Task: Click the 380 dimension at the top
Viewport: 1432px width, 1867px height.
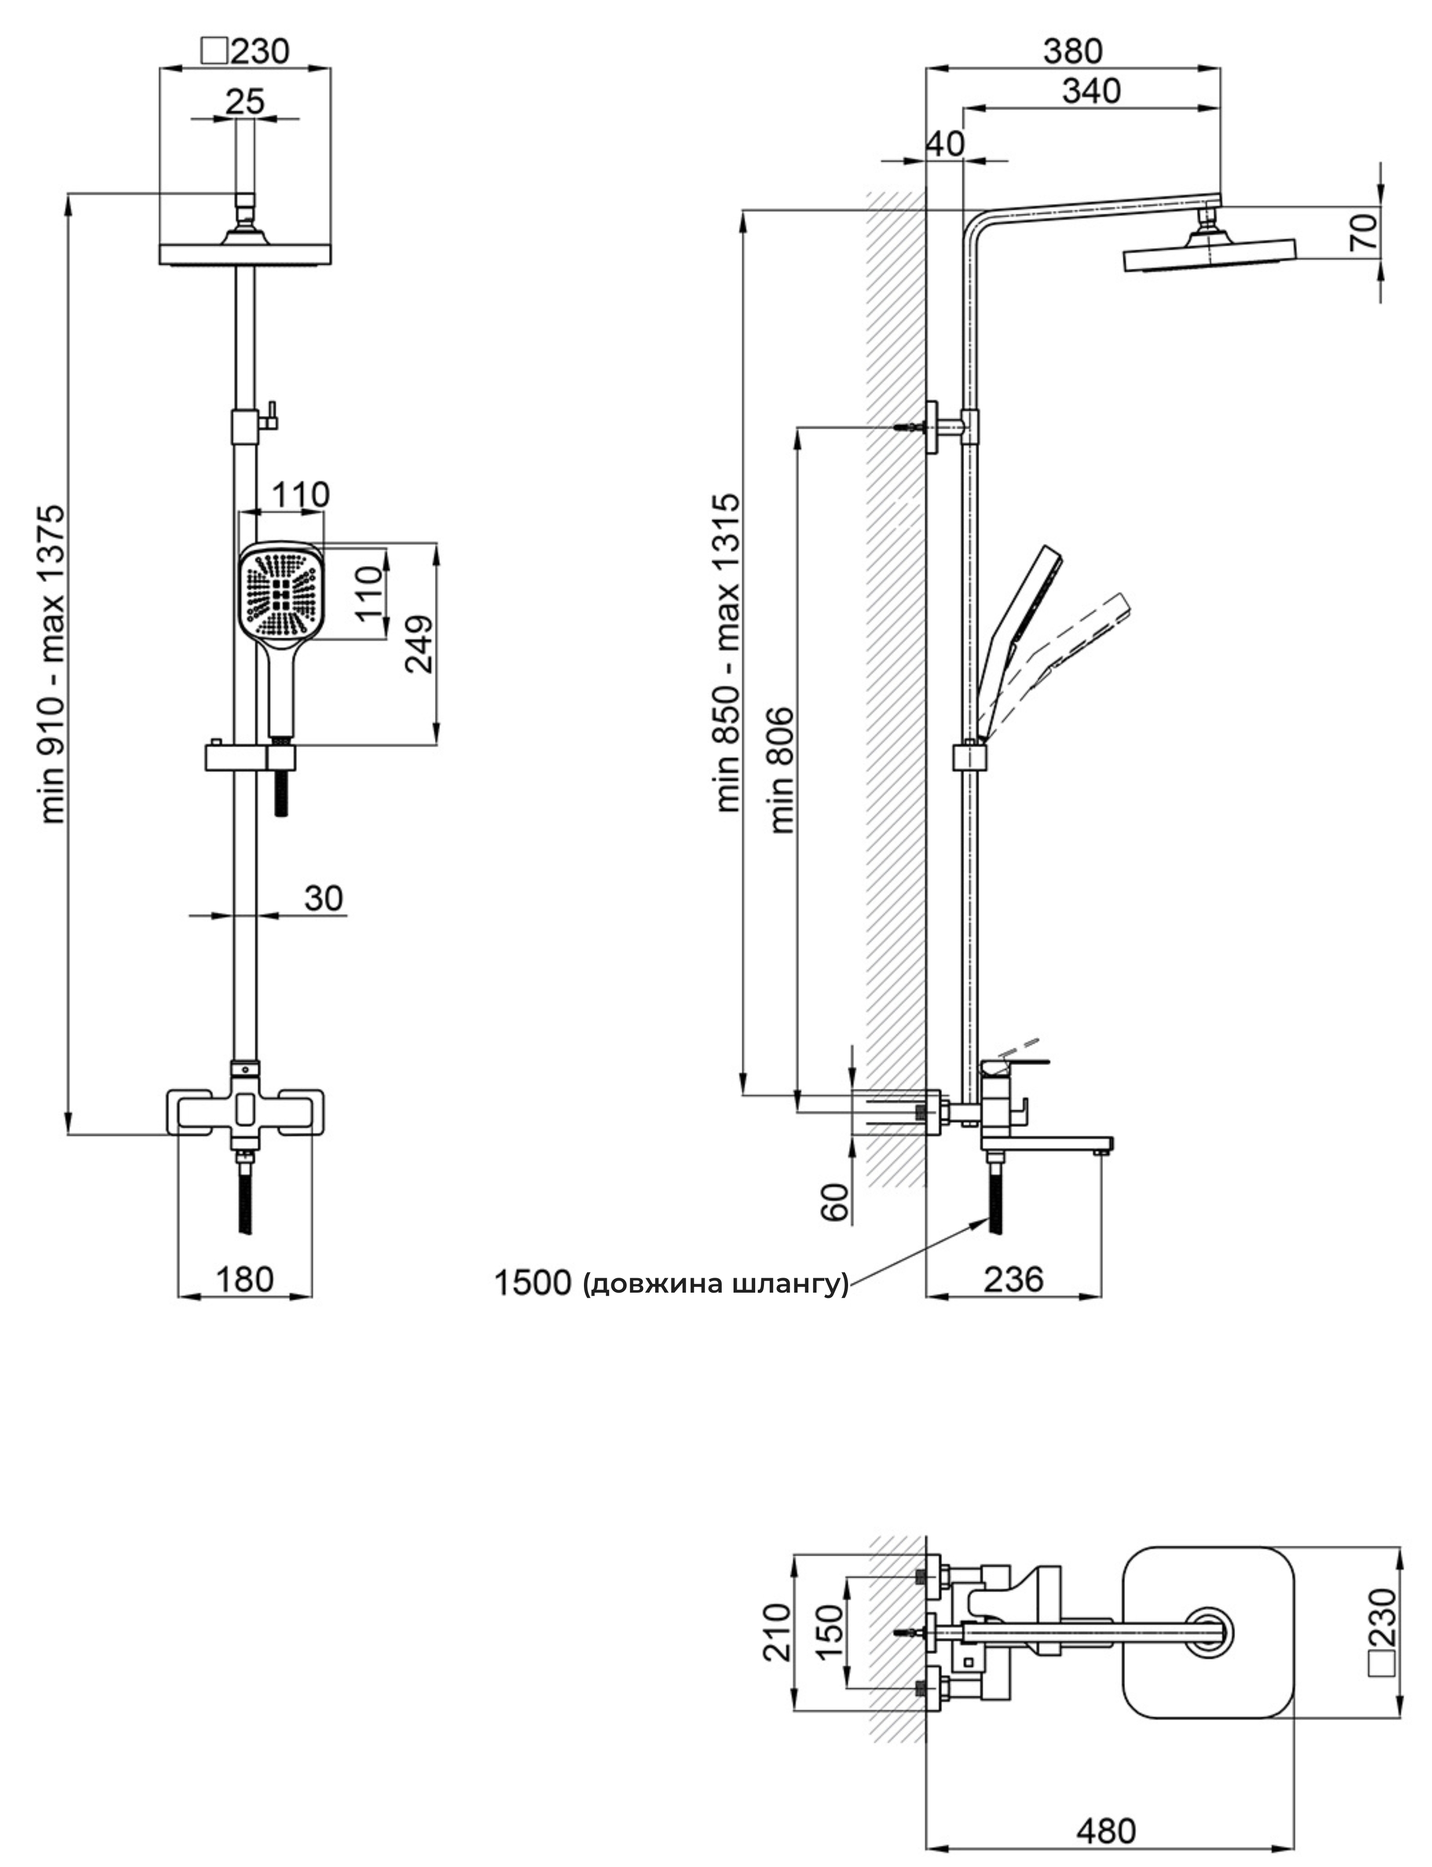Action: [x=1073, y=52]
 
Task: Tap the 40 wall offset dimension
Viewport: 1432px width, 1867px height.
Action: [x=945, y=143]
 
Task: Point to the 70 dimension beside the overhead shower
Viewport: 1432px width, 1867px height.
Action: [x=1364, y=232]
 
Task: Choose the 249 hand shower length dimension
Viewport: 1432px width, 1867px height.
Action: [x=420, y=643]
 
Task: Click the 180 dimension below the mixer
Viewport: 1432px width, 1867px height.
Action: [x=245, y=1279]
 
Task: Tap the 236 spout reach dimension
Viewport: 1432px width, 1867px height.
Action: [x=1014, y=1279]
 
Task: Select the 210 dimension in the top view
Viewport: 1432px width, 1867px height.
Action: [x=776, y=1632]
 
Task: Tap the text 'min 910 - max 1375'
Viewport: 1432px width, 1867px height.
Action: [x=53, y=665]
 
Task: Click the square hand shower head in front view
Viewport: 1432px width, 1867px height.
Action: [x=281, y=590]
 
